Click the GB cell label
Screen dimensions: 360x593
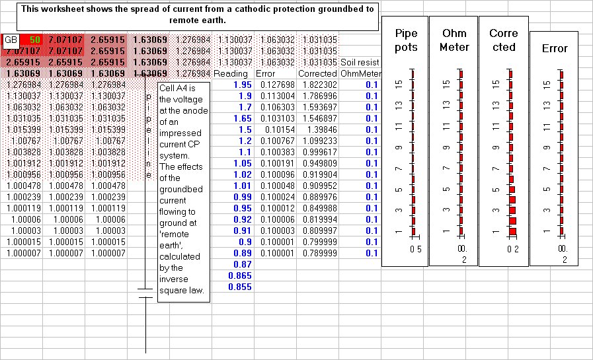coord(11,40)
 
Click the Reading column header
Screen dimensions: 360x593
coord(231,73)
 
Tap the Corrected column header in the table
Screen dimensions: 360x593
coord(317,73)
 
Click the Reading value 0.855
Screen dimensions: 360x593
coord(239,287)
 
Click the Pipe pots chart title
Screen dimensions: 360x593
coord(407,40)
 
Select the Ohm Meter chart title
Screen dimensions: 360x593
coord(454,40)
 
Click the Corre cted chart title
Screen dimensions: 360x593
coord(502,40)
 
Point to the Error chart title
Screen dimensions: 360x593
coord(554,48)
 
